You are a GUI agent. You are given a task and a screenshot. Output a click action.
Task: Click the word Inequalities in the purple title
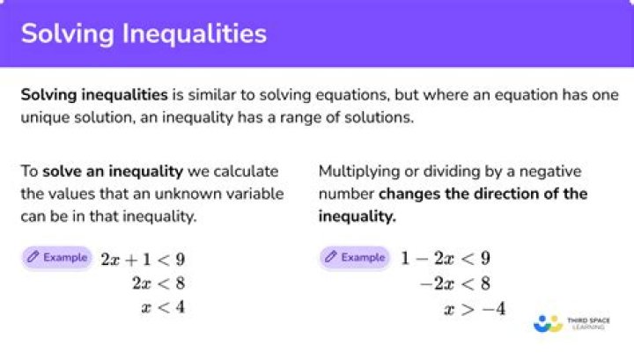(x=194, y=34)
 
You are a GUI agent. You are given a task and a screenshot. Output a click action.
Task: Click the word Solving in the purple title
(x=68, y=34)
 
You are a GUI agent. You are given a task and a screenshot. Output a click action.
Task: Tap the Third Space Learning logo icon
(x=548, y=324)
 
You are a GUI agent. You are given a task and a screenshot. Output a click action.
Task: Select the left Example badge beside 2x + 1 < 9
(x=57, y=257)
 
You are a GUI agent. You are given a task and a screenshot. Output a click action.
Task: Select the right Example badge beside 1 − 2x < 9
(x=355, y=257)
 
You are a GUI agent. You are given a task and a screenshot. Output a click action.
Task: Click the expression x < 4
(x=164, y=307)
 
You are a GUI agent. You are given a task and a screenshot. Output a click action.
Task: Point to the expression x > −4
(x=475, y=309)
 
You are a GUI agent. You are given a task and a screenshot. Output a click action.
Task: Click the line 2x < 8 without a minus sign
(x=158, y=283)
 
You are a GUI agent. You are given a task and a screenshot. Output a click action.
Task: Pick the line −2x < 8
(x=455, y=283)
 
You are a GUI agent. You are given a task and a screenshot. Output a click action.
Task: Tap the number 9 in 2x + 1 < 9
(x=181, y=260)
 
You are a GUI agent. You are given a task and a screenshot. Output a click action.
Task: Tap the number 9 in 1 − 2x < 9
(x=485, y=258)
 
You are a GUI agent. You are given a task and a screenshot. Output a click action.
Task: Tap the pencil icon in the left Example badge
(x=33, y=256)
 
